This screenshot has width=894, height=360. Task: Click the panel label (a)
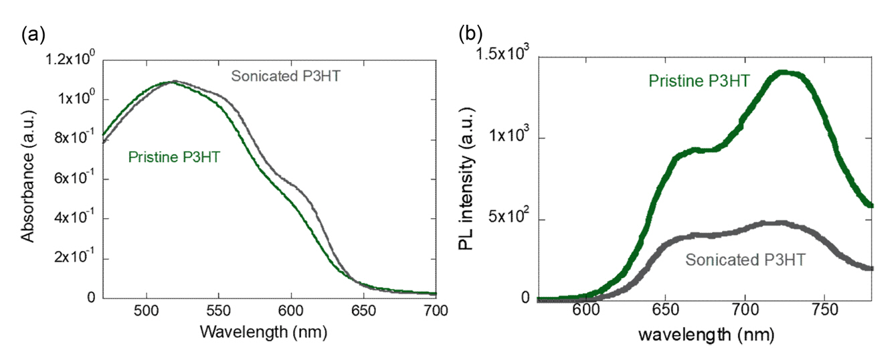(x=33, y=35)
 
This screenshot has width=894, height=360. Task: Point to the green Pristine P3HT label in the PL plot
(x=700, y=82)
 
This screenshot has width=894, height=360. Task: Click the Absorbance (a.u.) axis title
(x=27, y=179)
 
